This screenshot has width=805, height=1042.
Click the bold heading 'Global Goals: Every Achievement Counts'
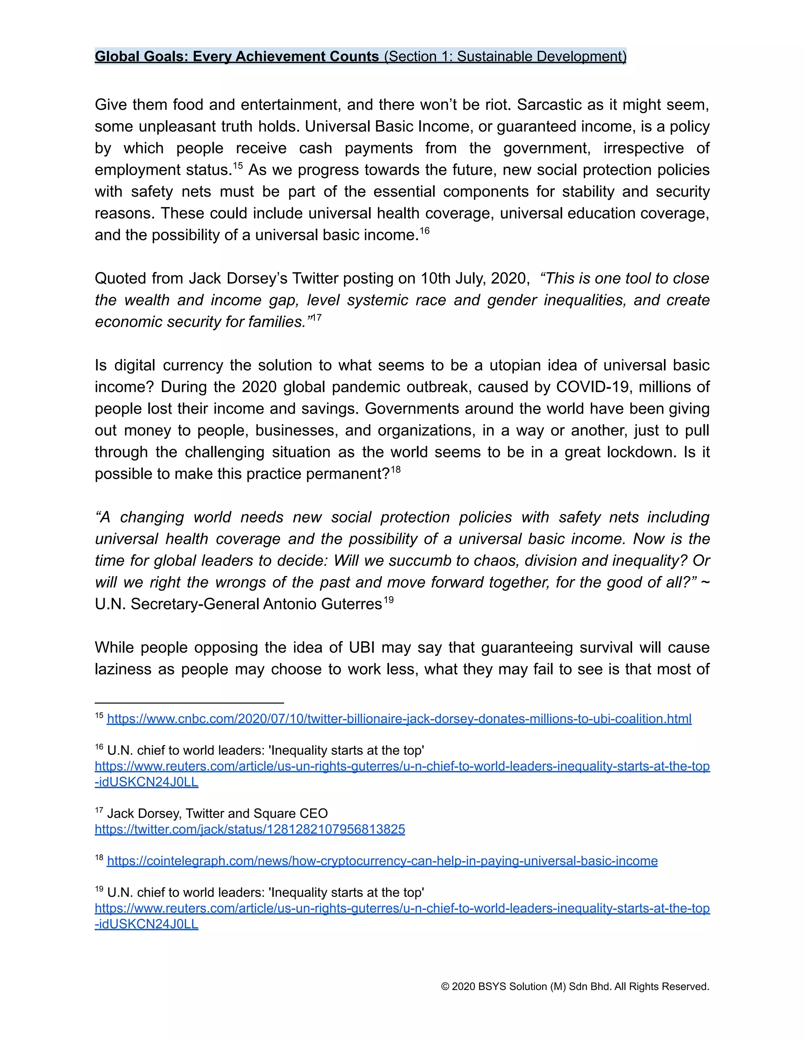click(237, 56)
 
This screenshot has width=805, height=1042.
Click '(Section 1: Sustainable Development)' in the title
click(505, 56)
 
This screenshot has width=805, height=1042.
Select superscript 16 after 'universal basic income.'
click(425, 231)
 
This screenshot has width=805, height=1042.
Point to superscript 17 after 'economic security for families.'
click(316, 318)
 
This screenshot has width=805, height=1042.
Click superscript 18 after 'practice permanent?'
click(395, 469)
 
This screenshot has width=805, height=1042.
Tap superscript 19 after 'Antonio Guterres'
click(389, 600)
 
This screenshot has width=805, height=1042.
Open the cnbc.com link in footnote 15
click(399, 718)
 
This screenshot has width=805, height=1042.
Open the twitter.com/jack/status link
click(250, 829)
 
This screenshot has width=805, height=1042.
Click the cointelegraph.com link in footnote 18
click(382, 861)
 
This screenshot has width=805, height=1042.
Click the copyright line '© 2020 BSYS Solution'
click(575, 986)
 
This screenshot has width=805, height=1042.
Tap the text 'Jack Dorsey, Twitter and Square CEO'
click(217, 814)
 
